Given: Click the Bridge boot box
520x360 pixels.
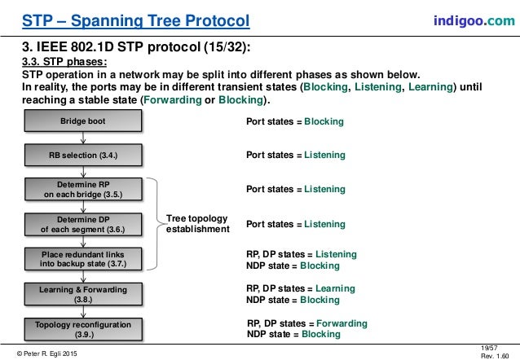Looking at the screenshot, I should (82, 121).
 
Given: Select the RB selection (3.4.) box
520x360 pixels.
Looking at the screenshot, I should (82, 153).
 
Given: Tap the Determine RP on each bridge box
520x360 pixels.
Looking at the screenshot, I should (82, 190).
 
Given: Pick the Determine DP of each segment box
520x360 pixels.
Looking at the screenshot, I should (82, 224).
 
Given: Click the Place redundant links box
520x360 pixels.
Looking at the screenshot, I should (82, 259).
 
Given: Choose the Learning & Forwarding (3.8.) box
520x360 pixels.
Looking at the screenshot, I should (82, 293).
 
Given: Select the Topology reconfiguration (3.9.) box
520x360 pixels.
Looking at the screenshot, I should (82, 328).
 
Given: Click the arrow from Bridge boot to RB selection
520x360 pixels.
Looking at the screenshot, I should (83, 138).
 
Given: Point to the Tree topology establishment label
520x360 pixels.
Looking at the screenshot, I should (197, 224).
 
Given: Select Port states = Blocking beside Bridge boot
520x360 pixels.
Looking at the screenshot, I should (294, 121).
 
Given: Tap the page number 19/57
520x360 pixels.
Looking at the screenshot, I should (491, 347).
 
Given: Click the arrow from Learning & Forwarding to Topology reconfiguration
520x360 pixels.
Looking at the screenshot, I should (83, 311).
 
